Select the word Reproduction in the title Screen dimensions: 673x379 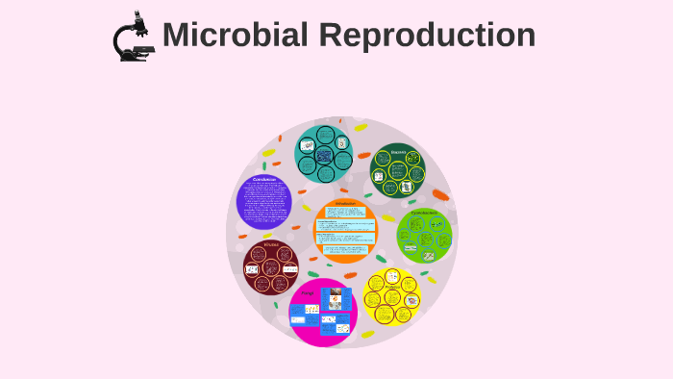(x=427, y=35)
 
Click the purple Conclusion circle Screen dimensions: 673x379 (x=263, y=201)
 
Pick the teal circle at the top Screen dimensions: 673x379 (x=323, y=153)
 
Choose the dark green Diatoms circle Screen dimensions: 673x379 (x=397, y=170)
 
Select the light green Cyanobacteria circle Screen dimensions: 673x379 (x=424, y=236)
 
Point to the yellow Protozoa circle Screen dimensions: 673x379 (x=393, y=296)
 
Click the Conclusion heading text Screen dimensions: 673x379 (x=263, y=180)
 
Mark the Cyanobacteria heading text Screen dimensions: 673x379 (x=424, y=213)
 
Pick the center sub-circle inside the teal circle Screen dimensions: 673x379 (x=323, y=154)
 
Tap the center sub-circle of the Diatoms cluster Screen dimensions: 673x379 (x=397, y=173)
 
